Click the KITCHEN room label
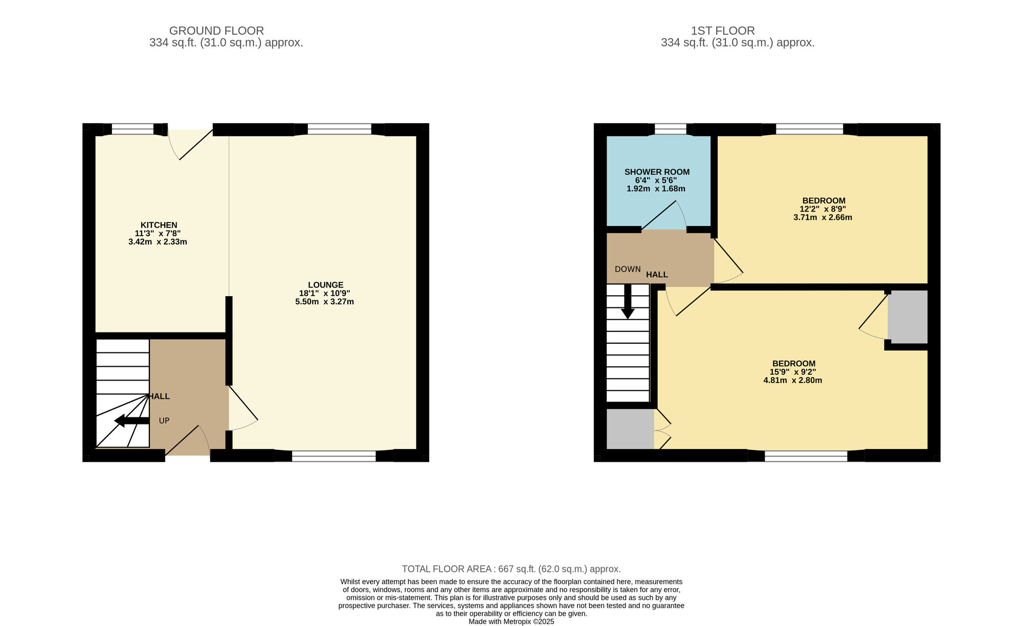coord(159,225)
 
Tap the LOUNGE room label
coord(326,285)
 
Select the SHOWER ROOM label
coord(657,172)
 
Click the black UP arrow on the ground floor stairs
coord(132,421)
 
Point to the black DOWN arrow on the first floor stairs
coord(628,302)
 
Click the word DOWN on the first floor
coord(628,269)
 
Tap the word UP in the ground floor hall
coord(164,421)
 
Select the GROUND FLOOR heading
coord(216,31)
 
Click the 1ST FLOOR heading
coord(723,31)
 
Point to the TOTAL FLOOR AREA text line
coord(511,569)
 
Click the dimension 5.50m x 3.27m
coord(324,302)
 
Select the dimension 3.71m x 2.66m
coord(822,217)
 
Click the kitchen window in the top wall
coord(133,130)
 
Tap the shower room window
coord(671,130)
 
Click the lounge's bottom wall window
coord(334,456)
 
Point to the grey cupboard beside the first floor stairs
coord(630,429)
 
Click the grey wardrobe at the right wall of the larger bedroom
coord(907,317)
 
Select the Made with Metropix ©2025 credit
coord(511,622)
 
